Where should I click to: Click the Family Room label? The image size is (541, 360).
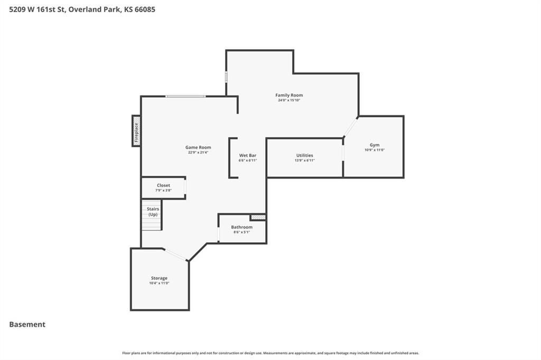pos(289,95)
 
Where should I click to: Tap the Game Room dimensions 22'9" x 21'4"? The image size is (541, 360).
pos(198,153)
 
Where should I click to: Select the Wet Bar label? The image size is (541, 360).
pos(248,156)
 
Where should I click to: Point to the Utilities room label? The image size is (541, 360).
pos(305,156)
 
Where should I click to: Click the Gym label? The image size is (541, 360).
pos(375,145)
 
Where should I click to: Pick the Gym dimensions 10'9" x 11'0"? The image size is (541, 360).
pos(375,150)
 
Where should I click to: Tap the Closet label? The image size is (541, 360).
pos(163,185)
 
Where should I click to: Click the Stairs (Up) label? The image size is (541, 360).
pos(153,212)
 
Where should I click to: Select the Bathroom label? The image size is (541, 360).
pos(241,227)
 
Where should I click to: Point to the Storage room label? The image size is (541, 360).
pos(159,278)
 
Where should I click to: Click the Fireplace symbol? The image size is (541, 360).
pos(136,131)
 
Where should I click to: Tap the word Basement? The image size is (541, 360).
pos(27,325)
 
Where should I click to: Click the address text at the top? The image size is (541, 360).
pos(82,10)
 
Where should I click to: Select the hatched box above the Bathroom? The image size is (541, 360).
pos(258,217)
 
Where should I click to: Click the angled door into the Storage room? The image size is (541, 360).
pos(175,254)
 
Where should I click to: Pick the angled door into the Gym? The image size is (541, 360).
pos(351,127)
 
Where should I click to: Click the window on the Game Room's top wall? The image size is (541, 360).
pos(185,96)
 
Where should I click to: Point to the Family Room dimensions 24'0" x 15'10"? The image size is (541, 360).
pos(289,100)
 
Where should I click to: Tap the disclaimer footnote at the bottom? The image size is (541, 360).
pos(270,353)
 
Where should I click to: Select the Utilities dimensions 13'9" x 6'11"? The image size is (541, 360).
pos(305,160)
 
